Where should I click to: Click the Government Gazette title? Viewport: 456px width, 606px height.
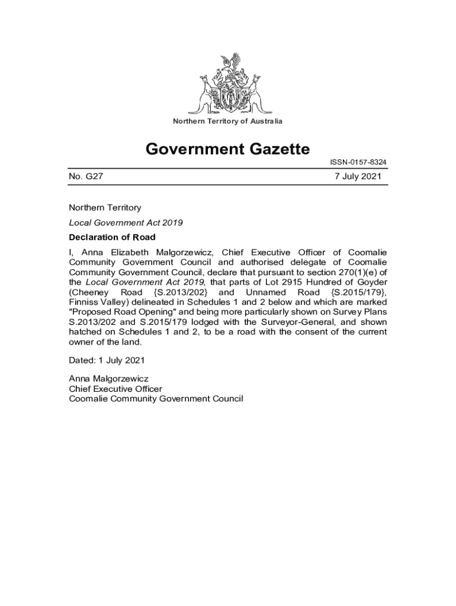pyautogui.click(x=227, y=149)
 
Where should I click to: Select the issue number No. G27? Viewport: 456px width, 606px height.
pyautogui.click(x=86, y=176)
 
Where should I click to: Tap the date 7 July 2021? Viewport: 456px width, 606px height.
pyautogui.click(x=358, y=176)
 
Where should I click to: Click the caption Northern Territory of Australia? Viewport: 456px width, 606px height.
pyautogui.click(x=227, y=121)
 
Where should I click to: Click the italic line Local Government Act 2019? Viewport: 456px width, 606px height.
pyautogui.click(x=126, y=223)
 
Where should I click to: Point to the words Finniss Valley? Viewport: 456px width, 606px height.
pyautogui.click(x=96, y=302)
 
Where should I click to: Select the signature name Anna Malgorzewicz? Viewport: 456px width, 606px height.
pyautogui.click(x=108, y=379)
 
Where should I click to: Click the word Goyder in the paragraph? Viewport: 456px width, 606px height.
pyautogui.click(x=372, y=282)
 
